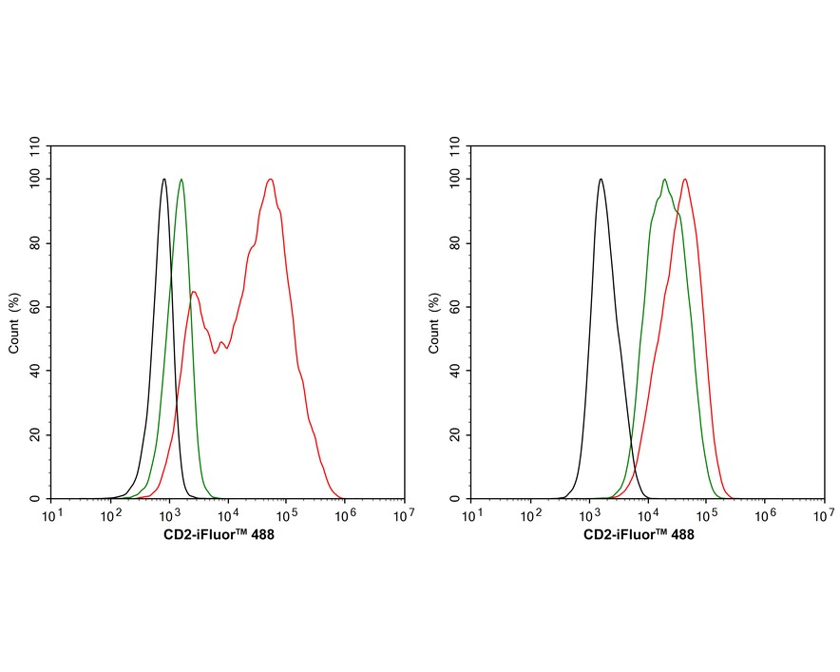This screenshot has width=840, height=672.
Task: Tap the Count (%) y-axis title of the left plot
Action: pos(14,323)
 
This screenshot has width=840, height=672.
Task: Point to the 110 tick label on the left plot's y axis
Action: pos(35,146)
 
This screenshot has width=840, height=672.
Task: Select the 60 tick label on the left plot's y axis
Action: pos(35,306)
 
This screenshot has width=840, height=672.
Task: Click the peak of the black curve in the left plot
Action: pos(164,179)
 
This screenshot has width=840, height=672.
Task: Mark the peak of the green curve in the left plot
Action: pos(181,179)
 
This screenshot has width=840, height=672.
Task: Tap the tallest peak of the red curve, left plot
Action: pos(271,179)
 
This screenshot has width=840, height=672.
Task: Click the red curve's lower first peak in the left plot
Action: pos(193,291)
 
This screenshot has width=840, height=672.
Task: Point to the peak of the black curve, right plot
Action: pos(601,179)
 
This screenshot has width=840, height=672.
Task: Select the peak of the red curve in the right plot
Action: pos(684,179)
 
